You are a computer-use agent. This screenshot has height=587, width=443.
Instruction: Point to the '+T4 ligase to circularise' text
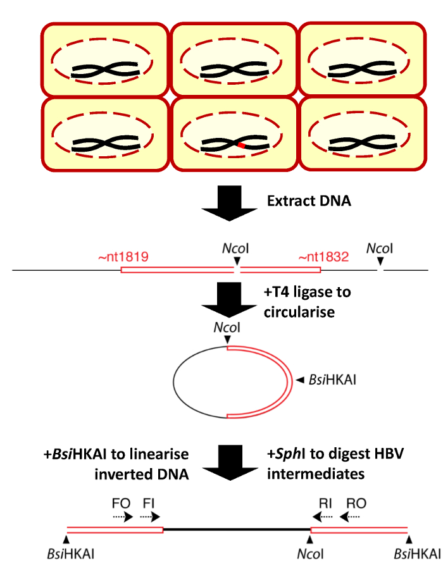(x=306, y=301)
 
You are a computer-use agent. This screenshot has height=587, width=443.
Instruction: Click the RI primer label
(x=325, y=504)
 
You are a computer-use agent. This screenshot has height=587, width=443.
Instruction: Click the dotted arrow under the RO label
(x=353, y=516)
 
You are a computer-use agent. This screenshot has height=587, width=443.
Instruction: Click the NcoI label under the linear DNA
(x=309, y=555)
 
